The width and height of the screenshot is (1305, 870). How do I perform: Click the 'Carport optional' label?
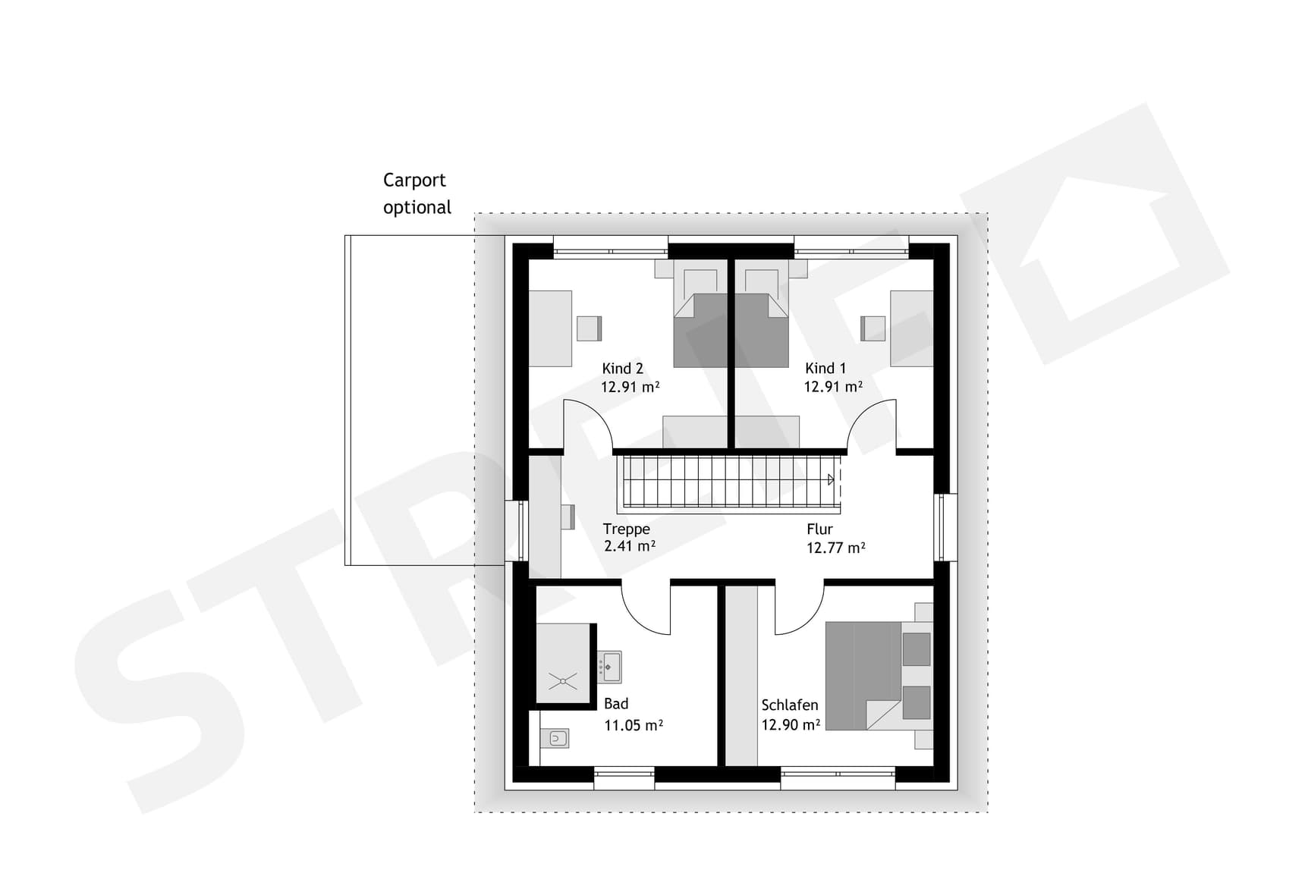coord(417,193)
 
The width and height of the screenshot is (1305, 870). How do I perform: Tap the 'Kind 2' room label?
coord(622,369)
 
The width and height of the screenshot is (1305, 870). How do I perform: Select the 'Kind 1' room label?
coord(825,369)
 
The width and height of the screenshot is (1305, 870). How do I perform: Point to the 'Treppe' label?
coord(626,529)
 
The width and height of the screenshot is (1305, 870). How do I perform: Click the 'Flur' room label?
coord(819,529)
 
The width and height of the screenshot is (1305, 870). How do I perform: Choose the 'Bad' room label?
coord(616,704)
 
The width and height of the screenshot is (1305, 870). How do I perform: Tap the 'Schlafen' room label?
coord(790,705)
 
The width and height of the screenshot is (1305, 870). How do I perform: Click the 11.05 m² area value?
coord(633,726)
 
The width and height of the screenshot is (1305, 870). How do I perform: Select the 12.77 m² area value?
coord(835,548)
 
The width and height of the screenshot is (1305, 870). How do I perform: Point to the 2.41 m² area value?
coord(629,546)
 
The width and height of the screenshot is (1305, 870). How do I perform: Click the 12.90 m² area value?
coord(791,725)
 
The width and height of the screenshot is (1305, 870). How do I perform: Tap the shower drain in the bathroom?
coord(563,680)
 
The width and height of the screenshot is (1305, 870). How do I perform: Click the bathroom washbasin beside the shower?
coord(609,667)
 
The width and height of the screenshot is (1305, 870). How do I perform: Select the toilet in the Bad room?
coord(557,738)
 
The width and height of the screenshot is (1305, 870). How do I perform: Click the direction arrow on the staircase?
coord(831,479)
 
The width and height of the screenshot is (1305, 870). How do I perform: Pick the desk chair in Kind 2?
coord(589,328)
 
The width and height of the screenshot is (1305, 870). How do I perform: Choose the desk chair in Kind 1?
coord(873,328)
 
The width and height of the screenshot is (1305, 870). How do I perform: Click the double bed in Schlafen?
coord(873,675)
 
